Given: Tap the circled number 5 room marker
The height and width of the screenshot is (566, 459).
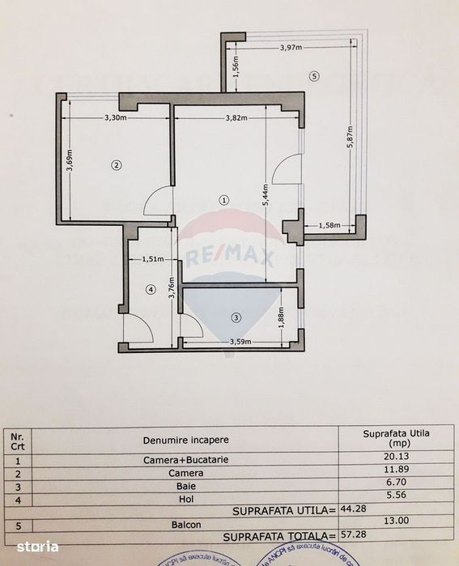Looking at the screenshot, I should (315, 77).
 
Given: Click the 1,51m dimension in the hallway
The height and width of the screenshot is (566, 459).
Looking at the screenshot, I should (153, 259).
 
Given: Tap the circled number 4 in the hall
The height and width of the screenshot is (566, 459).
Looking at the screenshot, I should (150, 289).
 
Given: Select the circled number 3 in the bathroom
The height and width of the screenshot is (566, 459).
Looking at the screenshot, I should (236, 317).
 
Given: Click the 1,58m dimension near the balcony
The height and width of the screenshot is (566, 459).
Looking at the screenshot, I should (329, 225).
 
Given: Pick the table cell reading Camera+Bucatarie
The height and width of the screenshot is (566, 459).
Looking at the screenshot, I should (185, 462).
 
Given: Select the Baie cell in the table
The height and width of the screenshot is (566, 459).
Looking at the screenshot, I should (185, 487).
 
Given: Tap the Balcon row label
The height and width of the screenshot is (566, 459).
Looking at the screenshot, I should (185, 524).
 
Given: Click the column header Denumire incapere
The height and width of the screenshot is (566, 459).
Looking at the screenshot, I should (185, 440).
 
